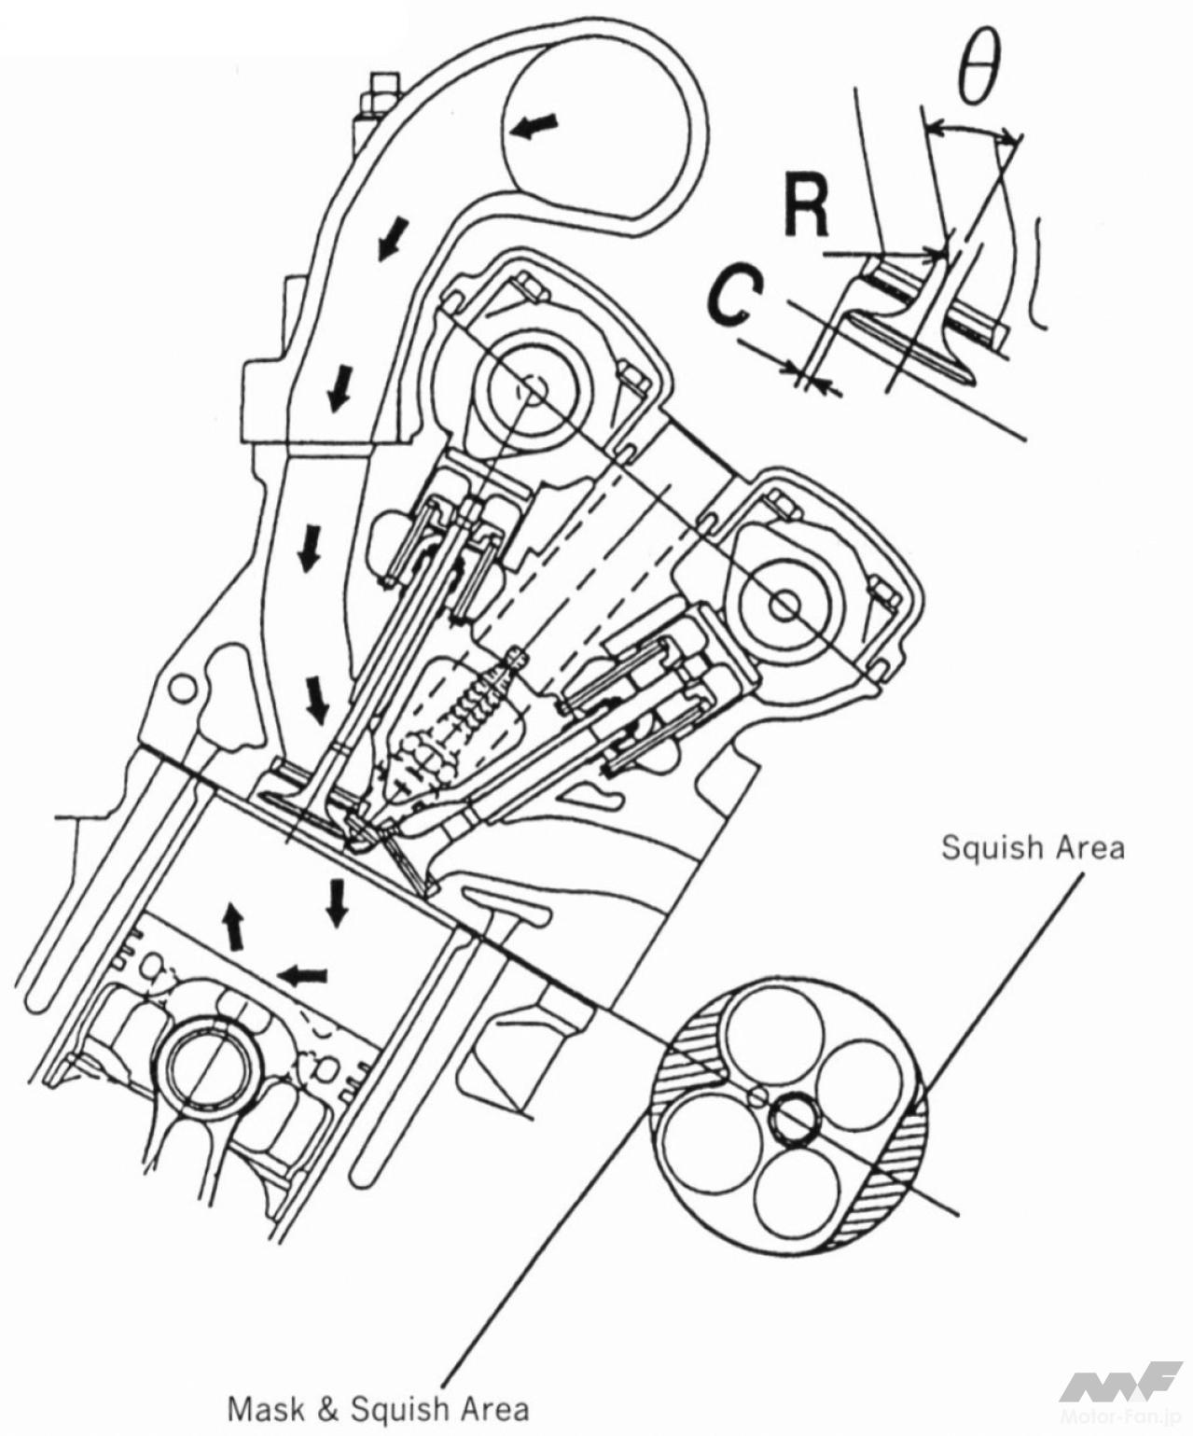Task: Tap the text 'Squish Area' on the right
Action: [1033, 847]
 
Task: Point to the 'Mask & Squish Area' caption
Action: [378, 1408]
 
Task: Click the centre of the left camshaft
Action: [533, 389]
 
